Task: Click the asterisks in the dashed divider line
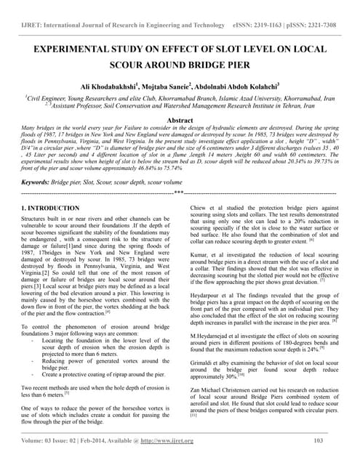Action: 179,193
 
